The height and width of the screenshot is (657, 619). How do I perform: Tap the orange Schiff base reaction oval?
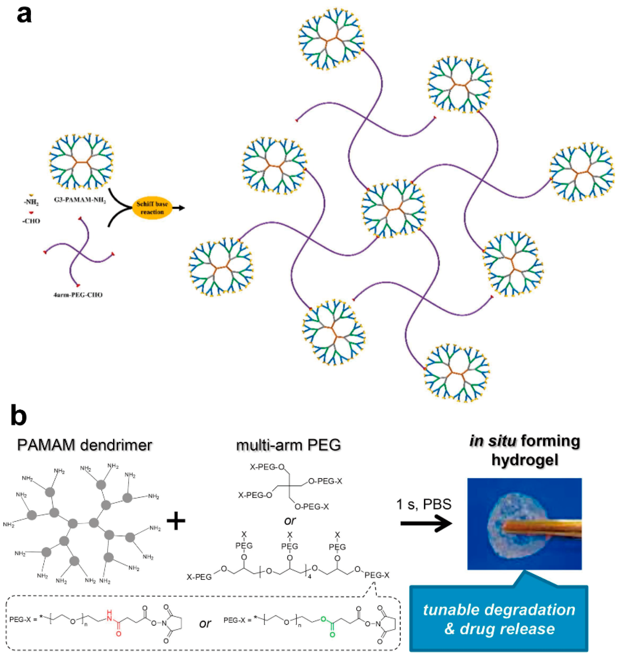[152, 208]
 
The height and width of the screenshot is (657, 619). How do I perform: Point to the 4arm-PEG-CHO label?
[78, 294]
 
